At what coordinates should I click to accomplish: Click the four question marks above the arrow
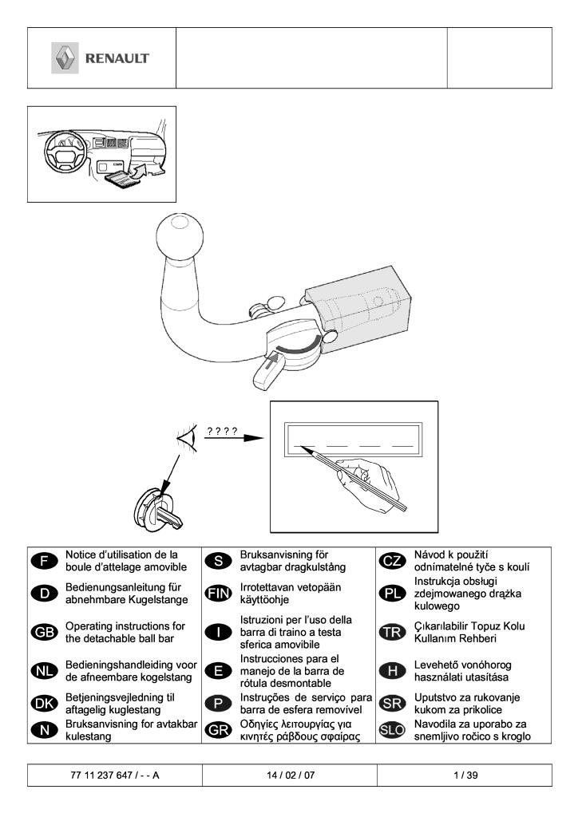(223, 432)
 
